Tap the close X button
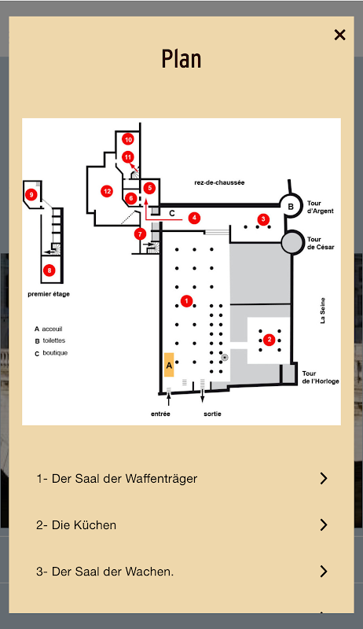(339, 35)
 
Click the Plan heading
(181, 59)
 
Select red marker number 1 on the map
(186, 301)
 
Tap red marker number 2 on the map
(269, 340)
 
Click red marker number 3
(263, 219)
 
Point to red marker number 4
(194, 219)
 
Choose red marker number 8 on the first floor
(49, 270)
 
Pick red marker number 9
(31, 195)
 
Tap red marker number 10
(128, 140)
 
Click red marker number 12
(107, 191)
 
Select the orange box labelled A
(169, 365)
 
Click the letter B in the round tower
(291, 207)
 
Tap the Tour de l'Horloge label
(321, 377)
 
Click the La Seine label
(322, 311)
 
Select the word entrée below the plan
(160, 414)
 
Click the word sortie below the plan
(212, 414)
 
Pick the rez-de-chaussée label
(219, 182)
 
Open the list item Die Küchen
(181, 524)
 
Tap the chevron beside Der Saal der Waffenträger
(324, 478)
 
